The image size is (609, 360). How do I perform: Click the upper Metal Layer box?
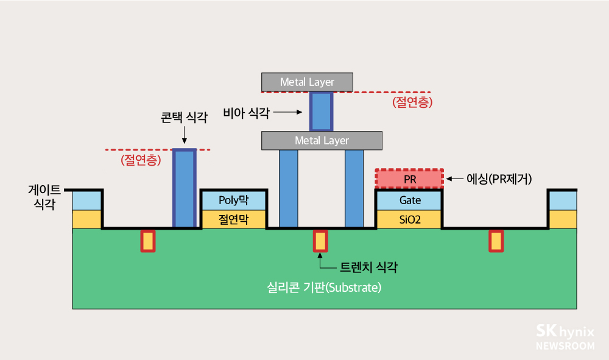[x=307, y=82]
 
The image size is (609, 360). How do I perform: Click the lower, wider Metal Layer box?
[x=322, y=141]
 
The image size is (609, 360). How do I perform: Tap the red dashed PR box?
[x=409, y=179]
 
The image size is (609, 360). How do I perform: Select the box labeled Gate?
[x=409, y=200]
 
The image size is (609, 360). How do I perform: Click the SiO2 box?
[x=409, y=219]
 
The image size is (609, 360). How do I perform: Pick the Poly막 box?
[x=234, y=200]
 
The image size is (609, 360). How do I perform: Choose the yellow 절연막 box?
[x=234, y=219]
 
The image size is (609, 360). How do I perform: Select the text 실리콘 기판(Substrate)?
[x=324, y=287]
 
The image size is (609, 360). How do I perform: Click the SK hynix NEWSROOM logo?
[x=565, y=337]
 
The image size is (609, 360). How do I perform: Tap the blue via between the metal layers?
[x=322, y=111]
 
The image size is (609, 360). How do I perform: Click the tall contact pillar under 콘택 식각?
[x=185, y=189]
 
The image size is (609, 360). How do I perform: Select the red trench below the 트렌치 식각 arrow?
[x=320, y=241]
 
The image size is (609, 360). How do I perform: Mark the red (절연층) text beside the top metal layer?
[x=413, y=102]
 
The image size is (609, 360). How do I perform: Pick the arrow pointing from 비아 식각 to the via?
[x=287, y=112]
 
